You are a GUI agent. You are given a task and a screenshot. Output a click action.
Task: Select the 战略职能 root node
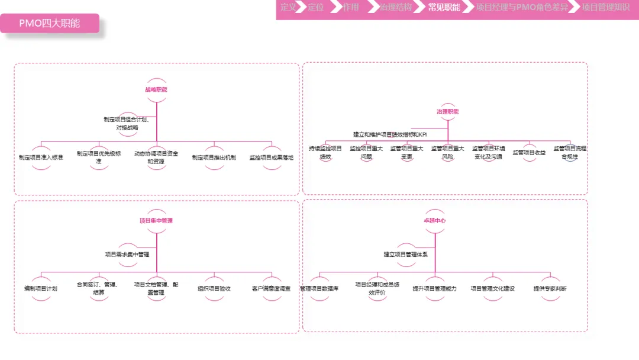tap(156, 89)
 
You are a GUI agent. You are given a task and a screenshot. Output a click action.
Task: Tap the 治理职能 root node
tap(448, 111)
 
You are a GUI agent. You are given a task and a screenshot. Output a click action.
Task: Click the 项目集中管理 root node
tap(156, 221)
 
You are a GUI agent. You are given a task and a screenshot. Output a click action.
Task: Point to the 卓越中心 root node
tap(434, 220)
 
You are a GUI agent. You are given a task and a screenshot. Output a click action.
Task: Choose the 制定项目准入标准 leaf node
tap(41, 157)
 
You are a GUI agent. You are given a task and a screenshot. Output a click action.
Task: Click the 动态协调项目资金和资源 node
tap(156, 157)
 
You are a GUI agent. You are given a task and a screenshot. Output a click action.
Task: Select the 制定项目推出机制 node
tap(214, 157)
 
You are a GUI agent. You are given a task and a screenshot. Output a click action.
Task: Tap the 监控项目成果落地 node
tap(272, 157)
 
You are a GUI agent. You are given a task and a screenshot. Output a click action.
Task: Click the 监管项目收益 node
tap(529, 153)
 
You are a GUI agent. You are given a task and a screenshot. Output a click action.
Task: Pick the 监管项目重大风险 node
tap(448, 153)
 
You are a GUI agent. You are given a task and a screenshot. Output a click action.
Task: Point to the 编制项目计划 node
tap(41, 289)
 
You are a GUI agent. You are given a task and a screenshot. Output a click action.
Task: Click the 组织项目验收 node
tap(214, 289)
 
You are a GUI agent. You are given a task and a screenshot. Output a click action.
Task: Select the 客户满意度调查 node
tap(272, 289)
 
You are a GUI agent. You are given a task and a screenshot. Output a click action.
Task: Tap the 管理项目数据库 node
tap(319, 289)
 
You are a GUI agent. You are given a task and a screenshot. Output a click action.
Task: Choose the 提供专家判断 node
tap(550, 289)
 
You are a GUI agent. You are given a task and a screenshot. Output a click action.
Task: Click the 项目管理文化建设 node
tap(492, 289)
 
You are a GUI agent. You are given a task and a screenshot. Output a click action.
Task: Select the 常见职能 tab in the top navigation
tap(444, 8)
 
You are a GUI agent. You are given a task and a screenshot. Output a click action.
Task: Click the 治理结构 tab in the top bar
tap(396, 8)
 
